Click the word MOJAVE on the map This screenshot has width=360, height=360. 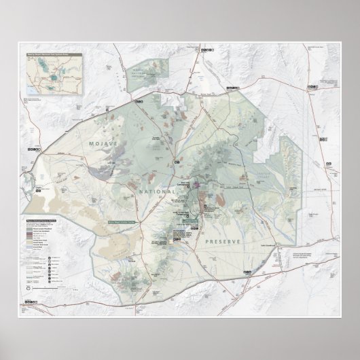click(104, 145)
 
